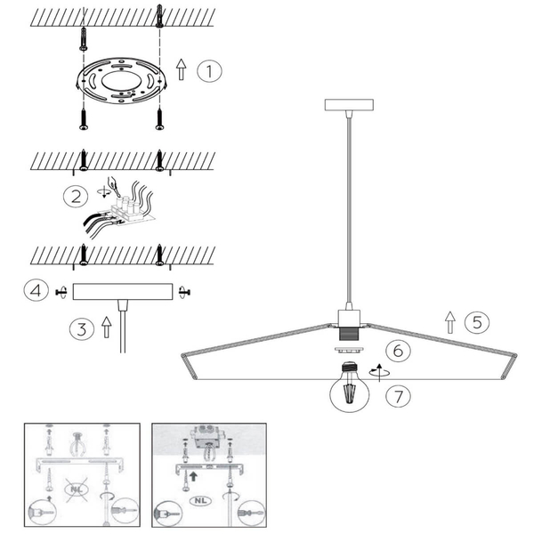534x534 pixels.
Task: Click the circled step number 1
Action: click(209, 71)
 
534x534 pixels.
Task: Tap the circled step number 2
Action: click(76, 197)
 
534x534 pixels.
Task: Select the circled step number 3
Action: click(82, 329)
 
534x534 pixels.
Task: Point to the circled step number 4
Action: click(36, 291)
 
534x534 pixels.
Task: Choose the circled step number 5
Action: click(477, 322)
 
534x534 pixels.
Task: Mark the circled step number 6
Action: click(398, 351)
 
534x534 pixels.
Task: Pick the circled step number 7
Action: click(398, 396)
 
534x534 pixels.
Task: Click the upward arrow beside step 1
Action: click(182, 69)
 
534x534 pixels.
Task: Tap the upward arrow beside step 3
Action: click(107, 328)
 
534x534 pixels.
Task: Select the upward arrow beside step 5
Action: click(450, 322)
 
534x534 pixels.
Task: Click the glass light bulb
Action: click(350, 387)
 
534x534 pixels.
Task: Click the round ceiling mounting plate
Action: click(121, 80)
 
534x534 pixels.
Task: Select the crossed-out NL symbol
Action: click(77, 489)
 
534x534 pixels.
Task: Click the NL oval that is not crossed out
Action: click(201, 500)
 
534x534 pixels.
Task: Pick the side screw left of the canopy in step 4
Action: click(61, 292)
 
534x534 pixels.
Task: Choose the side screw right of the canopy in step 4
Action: click(184, 292)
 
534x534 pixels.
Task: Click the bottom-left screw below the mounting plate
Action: click(84, 119)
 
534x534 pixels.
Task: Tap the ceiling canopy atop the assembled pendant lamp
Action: click(349, 105)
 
